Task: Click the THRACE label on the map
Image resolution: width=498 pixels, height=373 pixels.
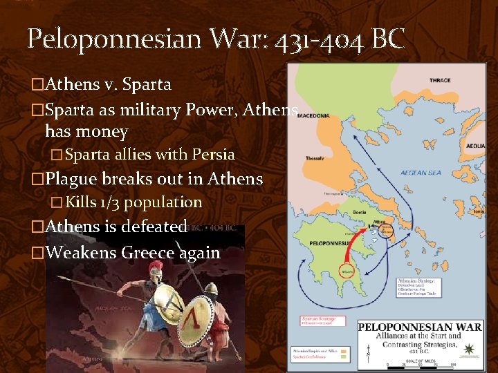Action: pos(440,80)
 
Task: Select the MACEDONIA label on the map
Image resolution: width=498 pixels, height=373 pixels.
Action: pos(314,116)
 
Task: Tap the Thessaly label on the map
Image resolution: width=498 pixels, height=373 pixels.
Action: pos(315,159)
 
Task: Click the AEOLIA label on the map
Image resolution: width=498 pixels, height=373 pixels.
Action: pos(475,147)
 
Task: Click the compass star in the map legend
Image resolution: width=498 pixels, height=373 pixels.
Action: pos(470,348)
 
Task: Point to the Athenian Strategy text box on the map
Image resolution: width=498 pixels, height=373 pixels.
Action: pos(417,289)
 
